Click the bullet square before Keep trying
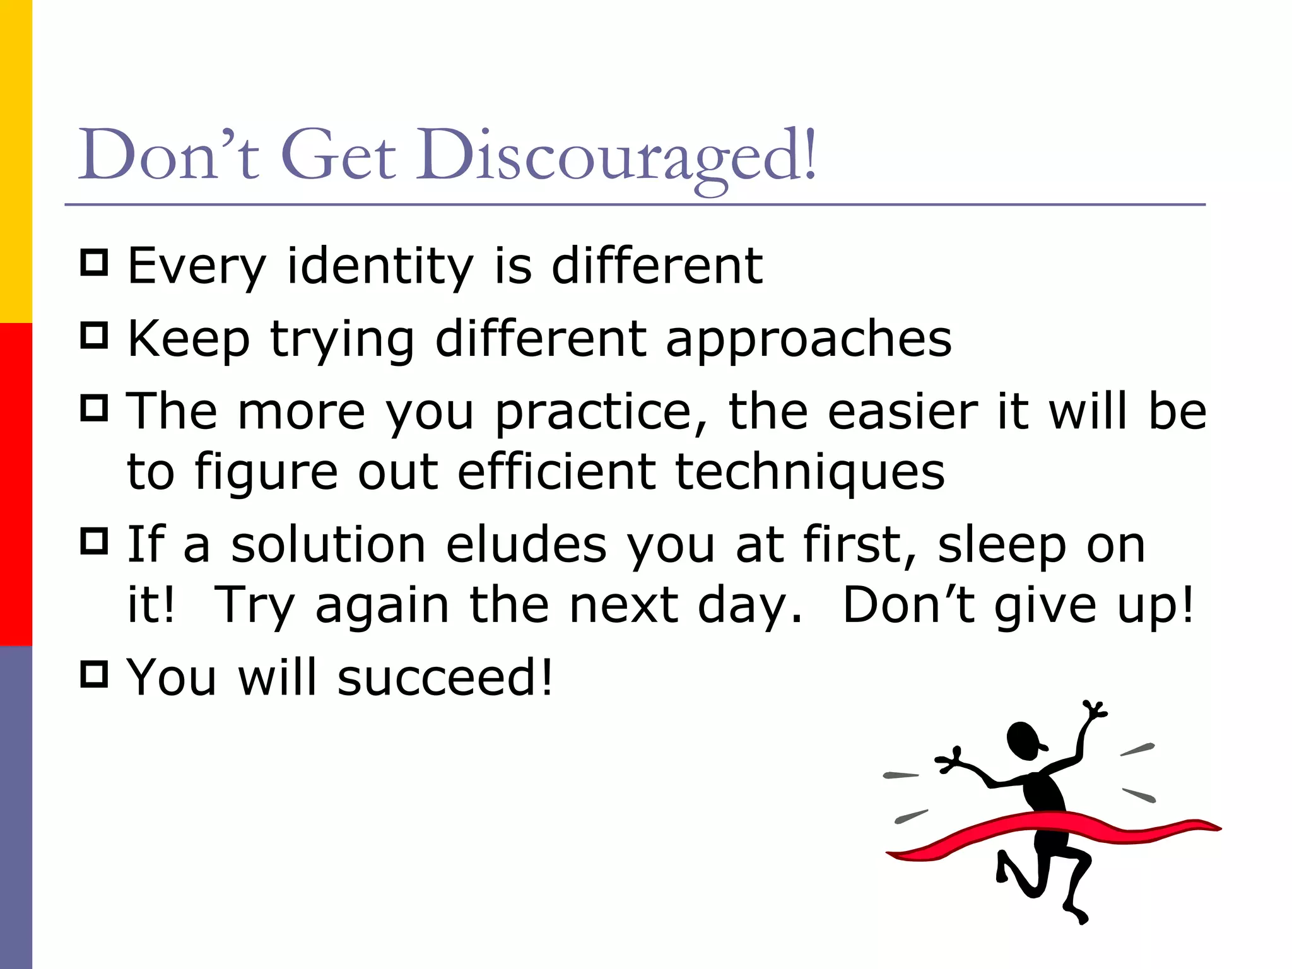click(x=95, y=335)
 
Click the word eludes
click(x=526, y=545)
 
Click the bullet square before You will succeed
click(x=95, y=674)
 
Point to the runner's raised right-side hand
click(x=1096, y=710)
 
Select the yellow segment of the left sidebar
click(x=16, y=161)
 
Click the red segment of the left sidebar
click(x=16, y=484)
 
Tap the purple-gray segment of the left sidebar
click(x=16, y=807)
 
